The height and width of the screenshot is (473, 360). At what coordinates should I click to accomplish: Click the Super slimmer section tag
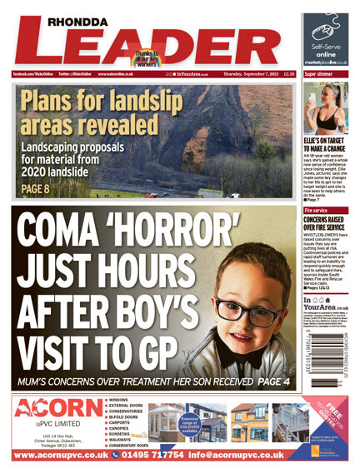point(321,74)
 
